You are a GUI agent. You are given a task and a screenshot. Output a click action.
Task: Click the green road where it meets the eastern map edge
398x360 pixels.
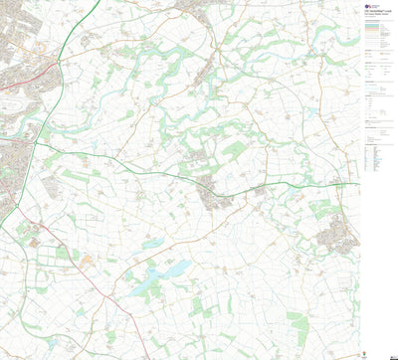[x=357, y=184]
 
